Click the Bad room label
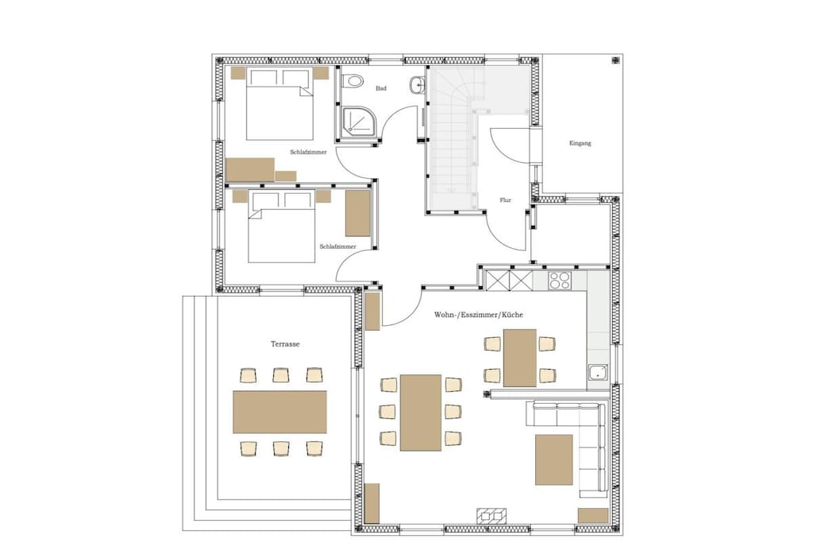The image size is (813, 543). point(381,88)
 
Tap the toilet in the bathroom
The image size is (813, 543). point(353,80)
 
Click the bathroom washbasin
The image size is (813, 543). point(418,85)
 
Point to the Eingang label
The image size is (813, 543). point(580,143)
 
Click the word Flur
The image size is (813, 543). point(506,200)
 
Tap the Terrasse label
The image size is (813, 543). point(285,344)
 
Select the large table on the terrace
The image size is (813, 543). point(279,412)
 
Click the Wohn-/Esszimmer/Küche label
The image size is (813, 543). point(479,315)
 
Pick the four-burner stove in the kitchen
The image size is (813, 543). point(560,281)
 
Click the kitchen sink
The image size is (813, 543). point(599,372)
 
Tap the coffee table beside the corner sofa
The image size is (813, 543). point(553,460)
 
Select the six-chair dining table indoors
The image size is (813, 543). point(421,413)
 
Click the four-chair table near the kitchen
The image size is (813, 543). point(519,358)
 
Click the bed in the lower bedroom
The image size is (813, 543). point(282,227)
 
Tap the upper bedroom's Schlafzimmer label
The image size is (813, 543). point(309,152)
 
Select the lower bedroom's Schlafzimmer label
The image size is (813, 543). point(338,246)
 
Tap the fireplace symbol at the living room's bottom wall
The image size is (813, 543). point(491,515)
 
